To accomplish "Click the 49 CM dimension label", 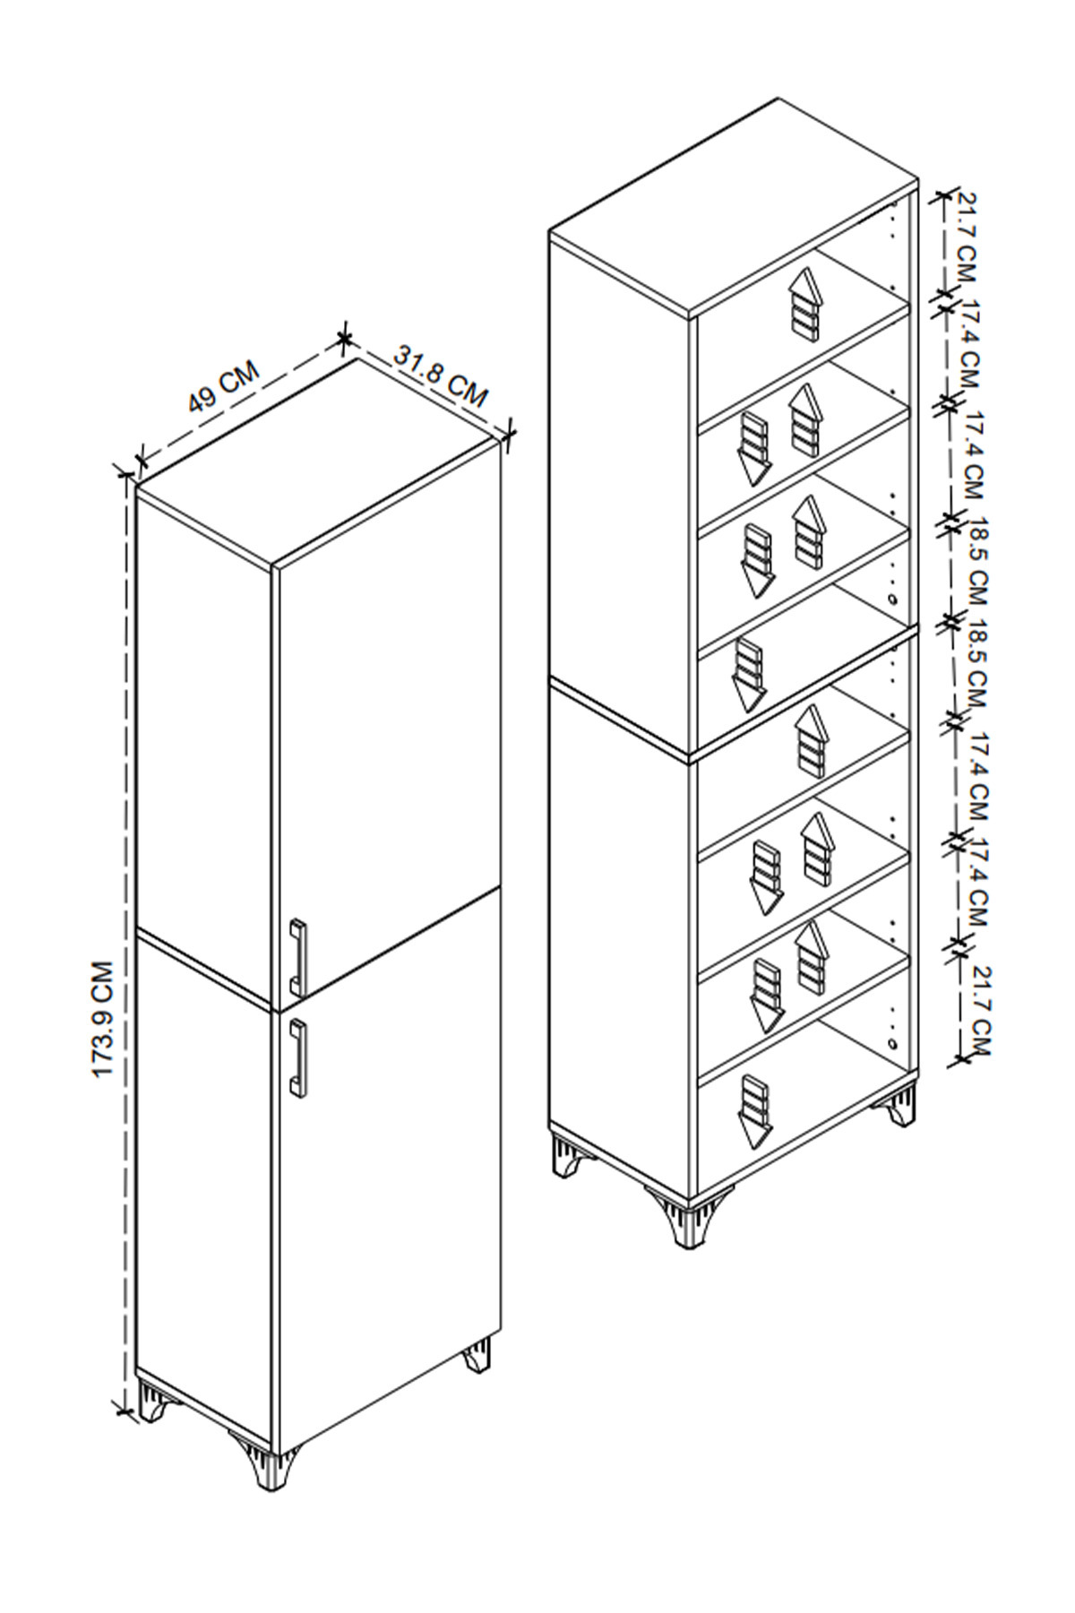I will tap(223, 387).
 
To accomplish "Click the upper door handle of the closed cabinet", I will tap(298, 956).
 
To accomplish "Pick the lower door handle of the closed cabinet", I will tap(298, 1057).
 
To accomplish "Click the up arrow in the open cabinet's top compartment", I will tap(805, 304).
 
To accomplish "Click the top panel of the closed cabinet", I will tap(318, 461).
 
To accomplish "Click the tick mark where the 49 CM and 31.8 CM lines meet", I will tap(344, 338).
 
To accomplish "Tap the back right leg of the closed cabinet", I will tap(477, 1355).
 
